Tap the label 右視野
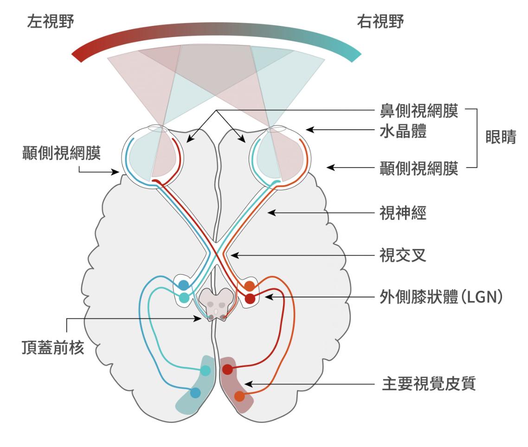click(379, 22)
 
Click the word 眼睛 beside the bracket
click(500, 139)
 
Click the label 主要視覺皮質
click(429, 384)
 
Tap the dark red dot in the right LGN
click(250, 299)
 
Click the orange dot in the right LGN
click(250, 286)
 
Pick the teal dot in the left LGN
click(184, 297)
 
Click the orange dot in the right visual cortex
click(239, 396)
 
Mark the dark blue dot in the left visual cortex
click(195, 393)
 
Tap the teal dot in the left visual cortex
click(205, 370)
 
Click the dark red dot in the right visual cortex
click(227, 369)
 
